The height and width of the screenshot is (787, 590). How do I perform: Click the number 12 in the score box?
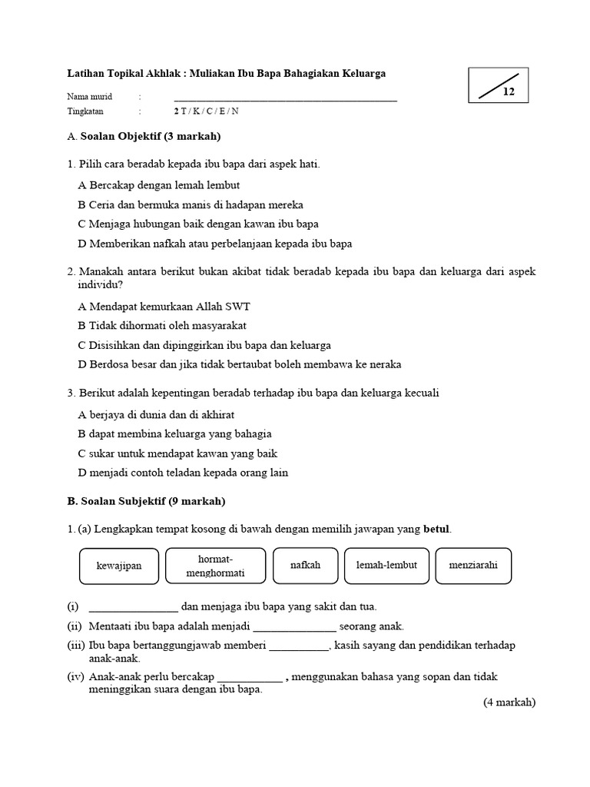tap(509, 92)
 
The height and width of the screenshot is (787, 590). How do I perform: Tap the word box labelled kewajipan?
tap(119, 566)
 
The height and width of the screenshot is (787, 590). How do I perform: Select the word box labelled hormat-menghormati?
tap(215, 566)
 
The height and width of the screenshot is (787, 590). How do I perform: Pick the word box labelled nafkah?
tap(305, 566)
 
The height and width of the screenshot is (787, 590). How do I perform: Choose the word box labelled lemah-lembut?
tap(386, 566)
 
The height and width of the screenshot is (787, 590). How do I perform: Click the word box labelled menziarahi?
tap(473, 566)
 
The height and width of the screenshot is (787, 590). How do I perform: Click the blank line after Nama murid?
tap(285, 98)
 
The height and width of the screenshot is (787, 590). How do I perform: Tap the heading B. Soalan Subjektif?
tap(146, 501)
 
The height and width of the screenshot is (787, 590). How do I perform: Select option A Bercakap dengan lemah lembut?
tap(159, 185)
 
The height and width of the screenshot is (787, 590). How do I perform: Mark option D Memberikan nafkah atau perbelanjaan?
tap(215, 244)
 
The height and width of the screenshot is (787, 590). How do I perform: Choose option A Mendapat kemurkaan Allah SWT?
tap(164, 306)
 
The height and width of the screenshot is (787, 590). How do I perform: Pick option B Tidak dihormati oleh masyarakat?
tap(164, 325)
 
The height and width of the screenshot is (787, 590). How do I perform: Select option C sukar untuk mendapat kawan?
tap(177, 453)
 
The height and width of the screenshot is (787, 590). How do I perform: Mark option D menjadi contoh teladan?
tap(183, 473)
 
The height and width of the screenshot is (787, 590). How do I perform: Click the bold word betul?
tap(437, 529)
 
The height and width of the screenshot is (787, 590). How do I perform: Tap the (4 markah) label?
tap(509, 702)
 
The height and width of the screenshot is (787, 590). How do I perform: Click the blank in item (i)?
tap(134, 607)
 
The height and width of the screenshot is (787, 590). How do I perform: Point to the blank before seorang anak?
tap(294, 626)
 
